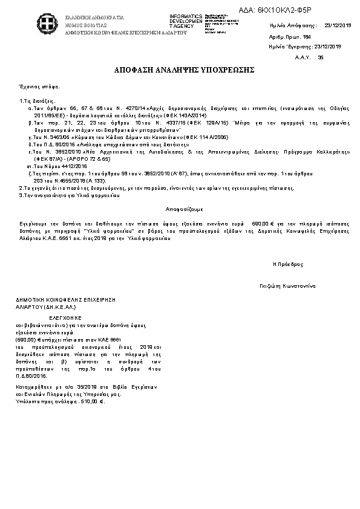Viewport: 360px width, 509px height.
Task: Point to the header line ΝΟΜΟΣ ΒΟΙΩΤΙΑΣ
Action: coord(87,26)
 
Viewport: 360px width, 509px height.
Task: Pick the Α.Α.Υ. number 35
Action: coord(321,57)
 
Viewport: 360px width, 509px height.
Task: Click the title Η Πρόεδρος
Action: coord(288,264)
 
